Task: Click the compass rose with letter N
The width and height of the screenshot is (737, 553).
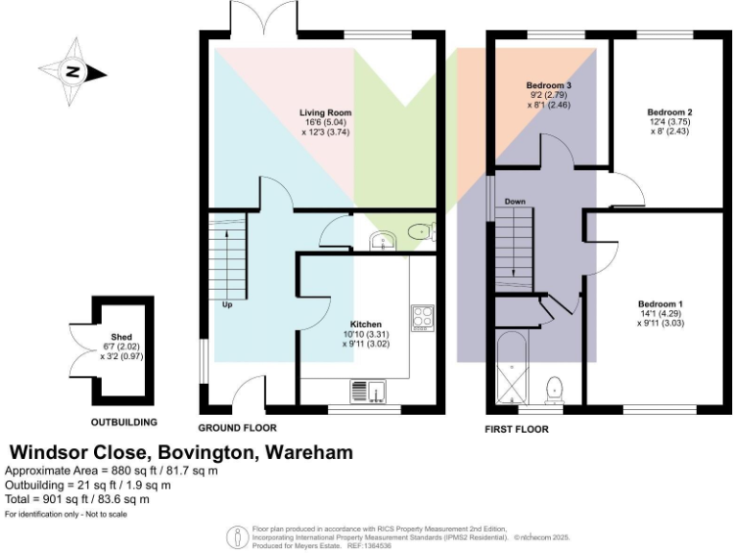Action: (72, 71)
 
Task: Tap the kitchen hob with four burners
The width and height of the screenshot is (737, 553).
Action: (423, 318)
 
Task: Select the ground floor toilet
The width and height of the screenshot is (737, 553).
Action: (419, 230)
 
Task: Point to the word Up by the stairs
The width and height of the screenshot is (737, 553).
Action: (227, 306)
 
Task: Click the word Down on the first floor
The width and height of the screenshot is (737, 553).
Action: (514, 202)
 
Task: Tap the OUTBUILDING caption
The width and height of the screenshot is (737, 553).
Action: (124, 421)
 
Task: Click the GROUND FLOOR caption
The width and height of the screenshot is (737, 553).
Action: (237, 428)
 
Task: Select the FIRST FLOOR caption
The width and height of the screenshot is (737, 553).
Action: (516, 429)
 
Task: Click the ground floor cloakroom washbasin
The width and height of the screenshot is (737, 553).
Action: (383, 238)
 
